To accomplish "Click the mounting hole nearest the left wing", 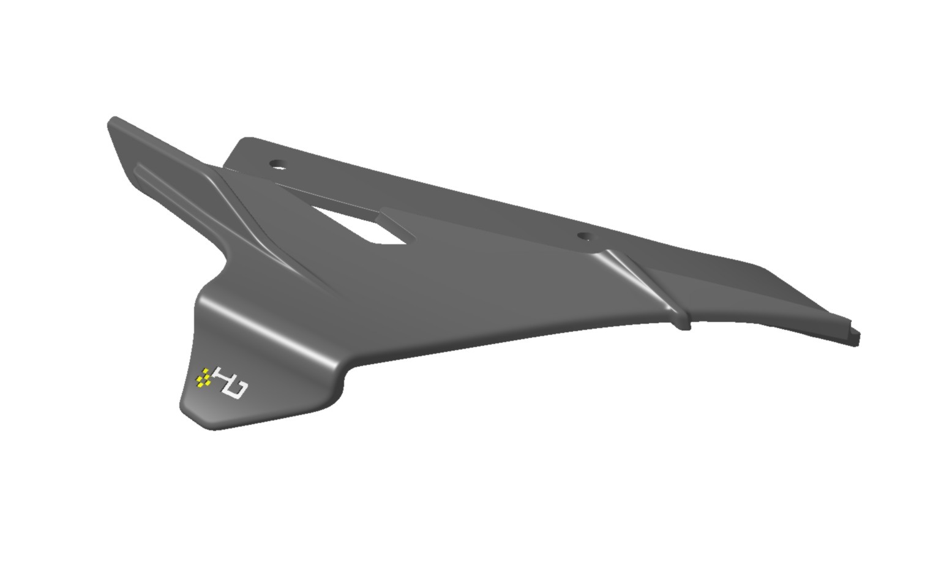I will (278, 165).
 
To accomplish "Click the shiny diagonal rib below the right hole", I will (637, 275).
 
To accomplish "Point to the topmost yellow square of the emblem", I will (207, 370).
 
